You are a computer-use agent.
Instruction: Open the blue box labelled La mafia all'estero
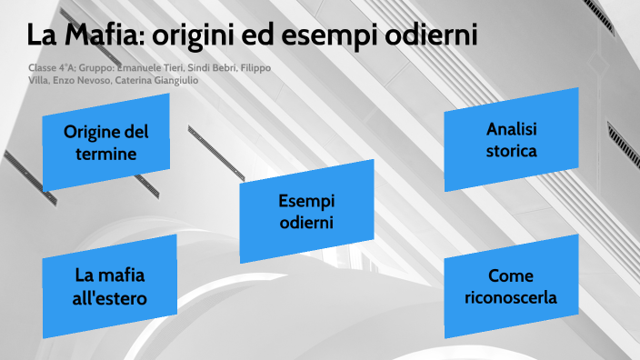click(110, 286)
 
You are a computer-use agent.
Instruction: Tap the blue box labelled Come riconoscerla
click(510, 286)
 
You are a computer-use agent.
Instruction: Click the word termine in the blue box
click(105, 155)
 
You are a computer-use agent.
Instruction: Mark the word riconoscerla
click(510, 297)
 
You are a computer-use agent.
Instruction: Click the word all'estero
click(110, 297)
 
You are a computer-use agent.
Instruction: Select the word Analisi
click(511, 129)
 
